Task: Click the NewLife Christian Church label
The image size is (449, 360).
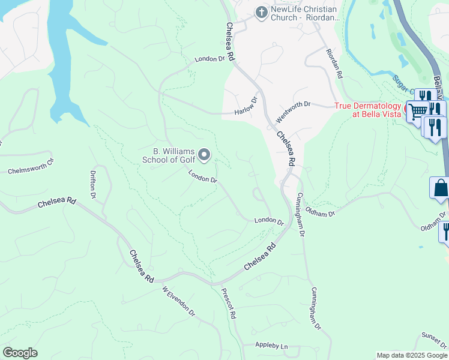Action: (x=305, y=13)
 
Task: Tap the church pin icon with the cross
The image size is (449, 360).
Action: (x=261, y=12)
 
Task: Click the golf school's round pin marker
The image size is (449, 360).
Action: (x=204, y=156)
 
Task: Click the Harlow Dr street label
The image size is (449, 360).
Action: (x=245, y=106)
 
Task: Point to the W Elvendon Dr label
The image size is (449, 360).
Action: (x=179, y=301)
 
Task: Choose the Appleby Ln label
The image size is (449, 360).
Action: (x=272, y=346)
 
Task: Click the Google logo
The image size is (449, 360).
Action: (x=20, y=353)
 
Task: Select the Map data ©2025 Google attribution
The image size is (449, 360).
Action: (x=411, y=355)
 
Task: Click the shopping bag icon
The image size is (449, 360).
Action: (x=440, y=187)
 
